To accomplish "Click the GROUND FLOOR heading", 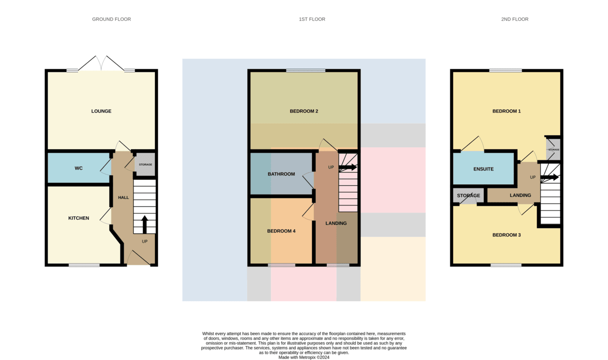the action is pyautogui.click(x=111, y=19).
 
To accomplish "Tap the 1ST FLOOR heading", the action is pyautogui.click(x=312, y=19).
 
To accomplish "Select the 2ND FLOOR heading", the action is pyautogui.click(x=515, y=19).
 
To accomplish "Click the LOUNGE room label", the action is pyautogui.click(x=101, y=111).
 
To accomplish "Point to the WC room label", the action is pyautogui.click(x=79, y=168).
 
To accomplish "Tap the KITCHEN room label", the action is pyautogui.click(x=79, y=218).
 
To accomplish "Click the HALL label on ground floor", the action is pyautogui.click(x=123, y=197).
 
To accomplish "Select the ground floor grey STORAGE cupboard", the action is pyautogui.click(x=145, y=165).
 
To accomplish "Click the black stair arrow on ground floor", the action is pyautogui.click(x=145, y=224).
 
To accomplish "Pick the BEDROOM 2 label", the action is pyautogui.click(x=303, y=111).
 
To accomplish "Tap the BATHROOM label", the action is pyautogui.click(x=281, y=174).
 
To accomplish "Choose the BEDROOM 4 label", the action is pyautogui.click(x=281, y=231).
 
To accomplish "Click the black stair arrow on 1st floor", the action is pyautogui.click(x=348, y=167).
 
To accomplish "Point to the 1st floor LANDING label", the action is pyautogui.click(x=336, y=223).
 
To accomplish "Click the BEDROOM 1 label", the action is pyautogui.click(x=507, y=111).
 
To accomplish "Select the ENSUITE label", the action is pyautogui.click(x=483, y=169).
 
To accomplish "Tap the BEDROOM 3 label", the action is pyautogui.click(x=507, y=235).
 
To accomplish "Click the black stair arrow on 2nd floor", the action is pyautogui.click(x=550, y=178).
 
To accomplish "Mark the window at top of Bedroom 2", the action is pyautogui.click(x=306, y=70).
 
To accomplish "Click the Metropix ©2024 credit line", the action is pyautogui.click(x=303, y=357).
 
